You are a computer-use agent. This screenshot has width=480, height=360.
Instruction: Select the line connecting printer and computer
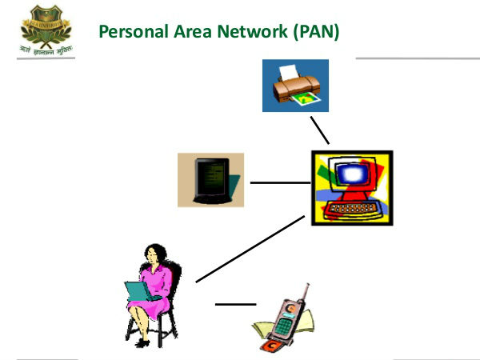click(x=319, y=130)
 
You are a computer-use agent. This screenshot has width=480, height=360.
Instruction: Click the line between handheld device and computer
click(x=279, y=182)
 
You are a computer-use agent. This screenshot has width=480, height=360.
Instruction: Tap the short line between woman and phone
click(x=234, y=304)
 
